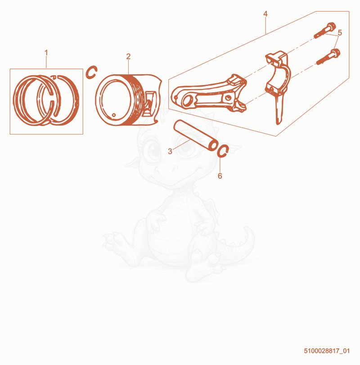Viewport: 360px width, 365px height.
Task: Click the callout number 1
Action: tap(46, 53)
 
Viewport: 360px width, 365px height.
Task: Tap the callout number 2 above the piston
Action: tap(128, 56)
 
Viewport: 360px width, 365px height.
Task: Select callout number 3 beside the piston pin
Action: tap(170, 152)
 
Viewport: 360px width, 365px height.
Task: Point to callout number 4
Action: tap(265, 14)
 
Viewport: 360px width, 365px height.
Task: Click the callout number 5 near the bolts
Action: tap(340, 33)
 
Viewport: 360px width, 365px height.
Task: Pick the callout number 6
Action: tap(220, 176)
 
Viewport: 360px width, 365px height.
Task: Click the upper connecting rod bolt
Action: tap(325, 30)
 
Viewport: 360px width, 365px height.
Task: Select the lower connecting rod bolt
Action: tap(328, 57)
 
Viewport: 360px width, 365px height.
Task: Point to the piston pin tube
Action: tap(196, 135)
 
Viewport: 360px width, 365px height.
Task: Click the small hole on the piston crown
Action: tap(114, 115)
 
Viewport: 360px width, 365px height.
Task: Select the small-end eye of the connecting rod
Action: tap(188, 100)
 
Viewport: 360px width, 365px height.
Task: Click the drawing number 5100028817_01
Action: tap(327, 351)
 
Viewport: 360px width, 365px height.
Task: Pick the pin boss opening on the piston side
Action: tap(149, 104)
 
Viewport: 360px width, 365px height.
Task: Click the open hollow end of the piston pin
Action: tap(213, 145)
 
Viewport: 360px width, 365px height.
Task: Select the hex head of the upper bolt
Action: tap(331, 26)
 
